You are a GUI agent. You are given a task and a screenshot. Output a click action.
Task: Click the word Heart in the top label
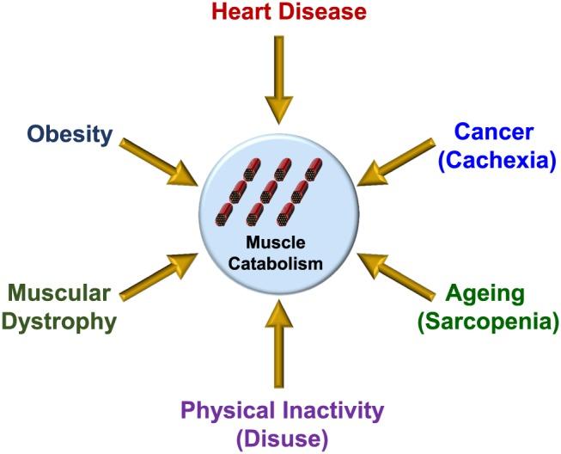[241, 12]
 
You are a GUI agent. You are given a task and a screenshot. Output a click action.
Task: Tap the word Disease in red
[318, 12]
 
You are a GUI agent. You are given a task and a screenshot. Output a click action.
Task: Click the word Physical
[225, 411]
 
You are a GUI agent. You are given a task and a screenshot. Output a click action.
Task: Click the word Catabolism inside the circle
[281, 262]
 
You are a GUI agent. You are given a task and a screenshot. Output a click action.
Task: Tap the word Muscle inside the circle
[281, 243]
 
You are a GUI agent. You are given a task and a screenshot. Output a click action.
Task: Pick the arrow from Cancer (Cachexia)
[400, 161]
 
